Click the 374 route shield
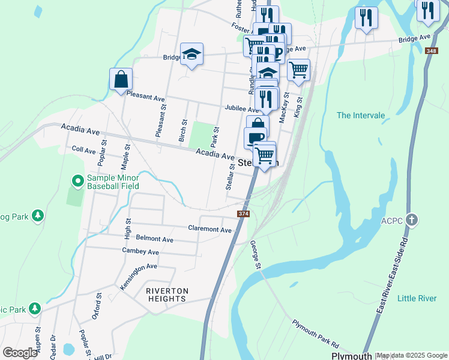(243, 214)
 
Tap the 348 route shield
(431, 51)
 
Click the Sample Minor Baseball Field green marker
(77, 180)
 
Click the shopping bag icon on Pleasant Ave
(121, 80)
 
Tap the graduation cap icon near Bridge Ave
(192, 55)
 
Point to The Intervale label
(360, 115)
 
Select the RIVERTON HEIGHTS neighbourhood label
(167, 295)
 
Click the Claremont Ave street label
(209, 229)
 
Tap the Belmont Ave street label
(154, 239)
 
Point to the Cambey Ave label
(140, 251)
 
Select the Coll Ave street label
(83, 149)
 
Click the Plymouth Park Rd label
(316, 334)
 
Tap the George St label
(256, 254)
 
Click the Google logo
(20, 353)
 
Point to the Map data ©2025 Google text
(412, 356)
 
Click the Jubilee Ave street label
(241, 108)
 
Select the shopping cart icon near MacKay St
(298, 70)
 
